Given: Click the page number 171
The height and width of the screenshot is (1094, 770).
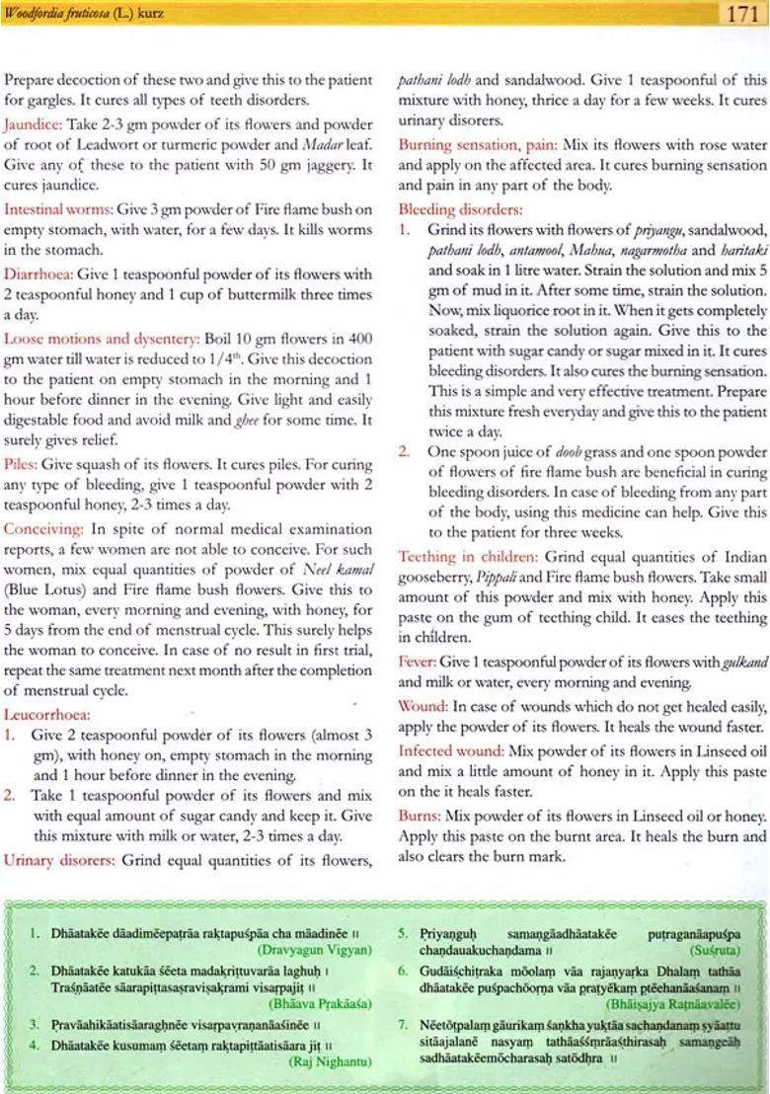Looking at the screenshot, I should (x=741, y=14).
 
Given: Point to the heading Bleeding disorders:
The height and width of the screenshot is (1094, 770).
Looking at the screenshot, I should (x=460, y=209).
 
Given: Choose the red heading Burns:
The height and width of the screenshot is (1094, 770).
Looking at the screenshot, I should (x=420, y=817).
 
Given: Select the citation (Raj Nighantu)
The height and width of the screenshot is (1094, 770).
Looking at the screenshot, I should (x=330, y=1062).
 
